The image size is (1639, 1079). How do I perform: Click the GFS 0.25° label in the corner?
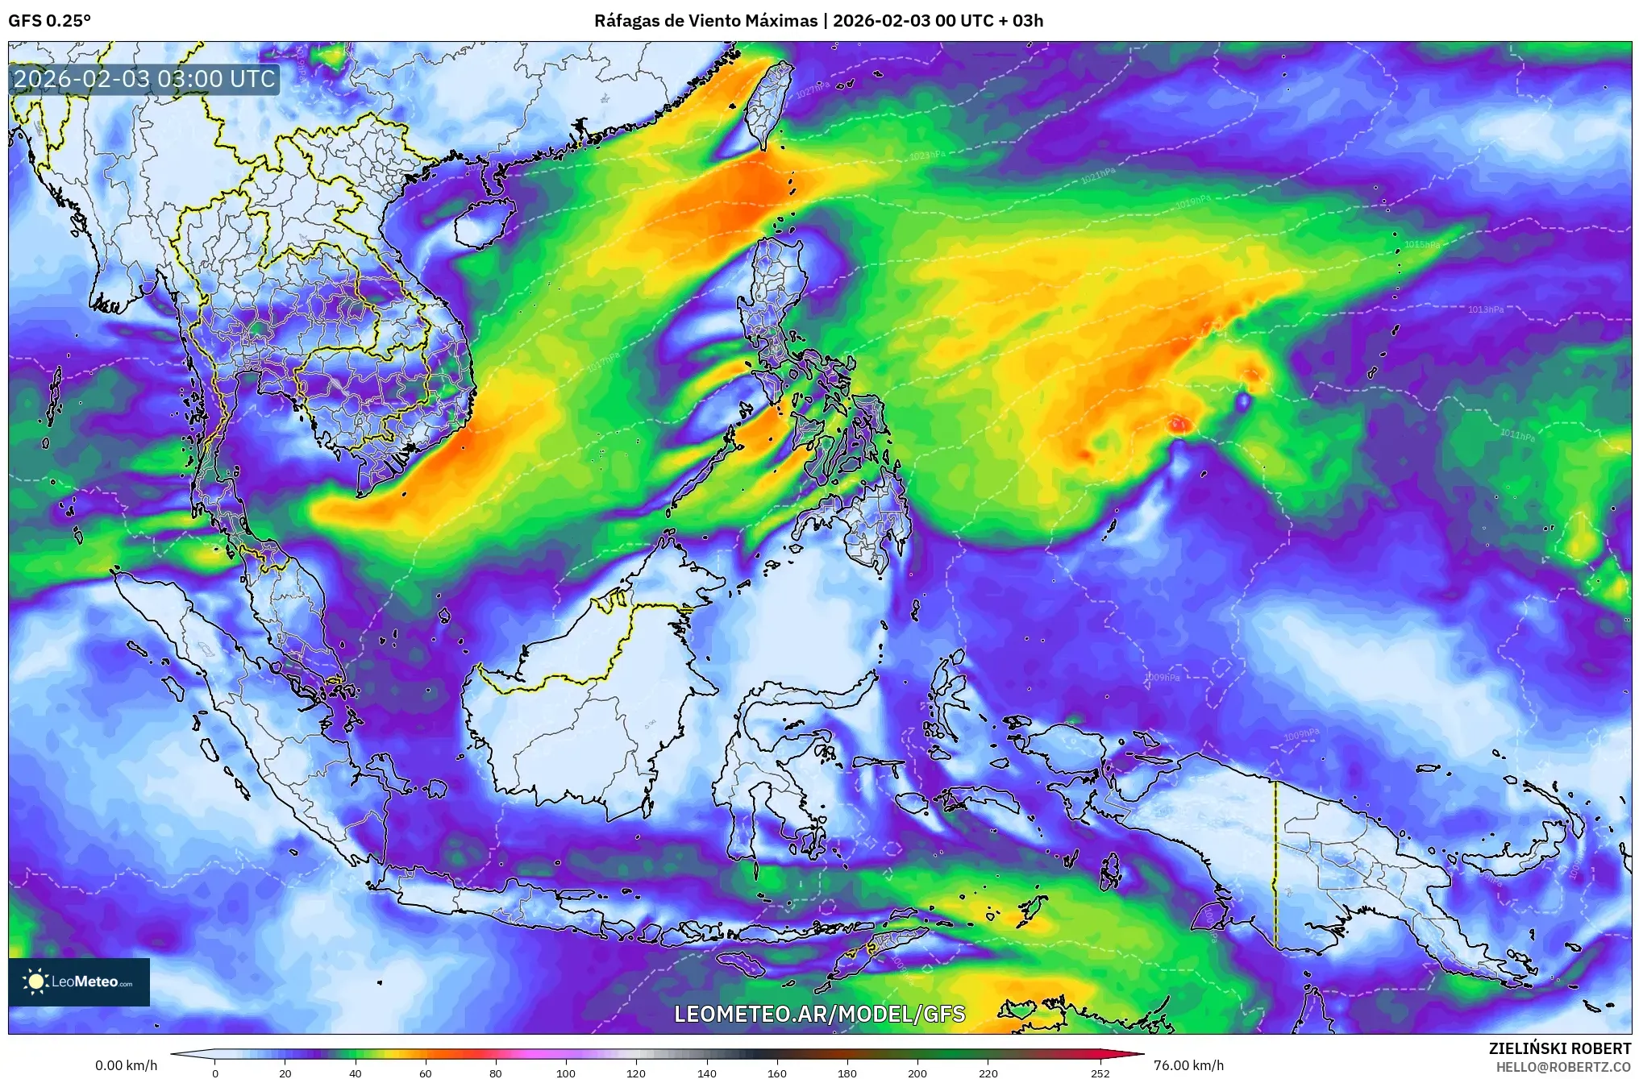[49, 21]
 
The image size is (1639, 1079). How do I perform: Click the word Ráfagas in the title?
[624, 21]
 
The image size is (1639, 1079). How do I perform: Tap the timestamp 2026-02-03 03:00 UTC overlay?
[145, 79]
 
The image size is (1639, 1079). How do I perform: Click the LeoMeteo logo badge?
[79, 981]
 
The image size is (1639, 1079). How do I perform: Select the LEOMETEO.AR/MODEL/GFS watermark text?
[819, 1014]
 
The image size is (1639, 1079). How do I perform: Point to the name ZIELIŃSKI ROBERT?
[1559, 1048]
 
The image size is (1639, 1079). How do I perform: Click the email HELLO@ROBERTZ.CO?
[1563, 1067]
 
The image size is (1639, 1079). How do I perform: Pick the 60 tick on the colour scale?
[426, 1073]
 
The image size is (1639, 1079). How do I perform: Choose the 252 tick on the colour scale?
[1100, 1073]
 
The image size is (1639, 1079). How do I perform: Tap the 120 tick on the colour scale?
[636, 1073]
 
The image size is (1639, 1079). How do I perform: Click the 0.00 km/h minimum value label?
[127, 1065]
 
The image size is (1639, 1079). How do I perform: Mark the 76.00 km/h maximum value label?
[1188, 1065]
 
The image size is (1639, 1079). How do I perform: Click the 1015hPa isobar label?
[1421, 244]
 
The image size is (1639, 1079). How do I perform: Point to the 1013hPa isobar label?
[1485, 309]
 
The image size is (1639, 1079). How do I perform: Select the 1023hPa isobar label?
[927, 155]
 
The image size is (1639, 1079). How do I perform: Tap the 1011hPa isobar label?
[1517, 434]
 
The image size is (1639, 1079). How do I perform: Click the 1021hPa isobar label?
[1098, 175]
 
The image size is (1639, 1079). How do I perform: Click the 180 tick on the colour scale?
[847, 1073]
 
